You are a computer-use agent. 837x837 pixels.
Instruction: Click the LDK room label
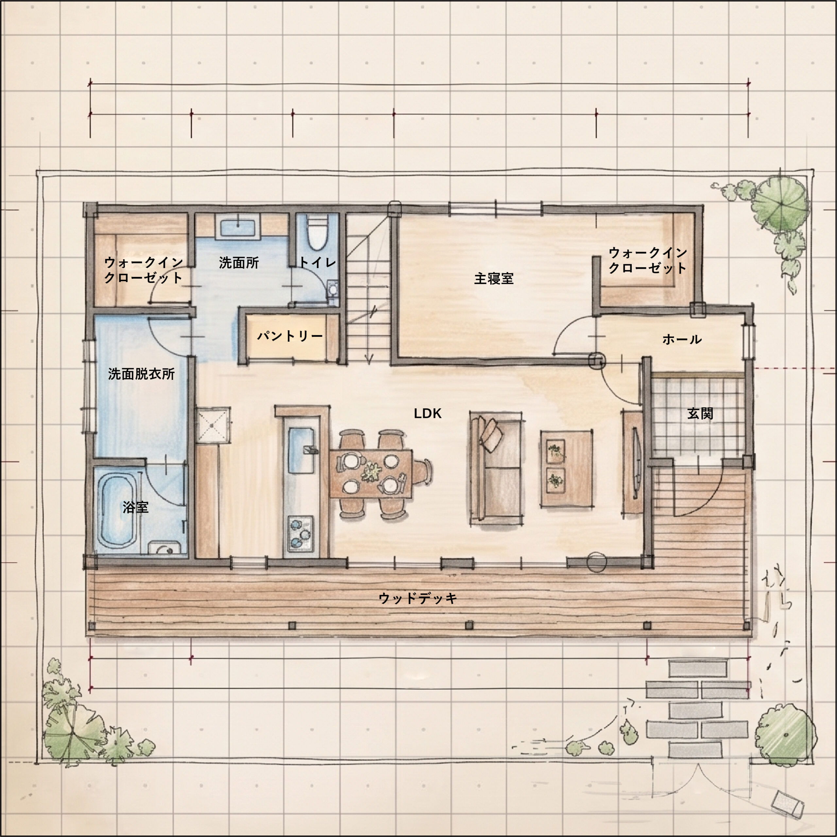click(428, 414)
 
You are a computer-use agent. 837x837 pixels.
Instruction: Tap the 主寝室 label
click(494, 278)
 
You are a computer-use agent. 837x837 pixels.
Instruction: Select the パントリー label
click(290, 336)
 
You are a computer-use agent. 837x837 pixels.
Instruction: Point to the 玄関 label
click(700, 413)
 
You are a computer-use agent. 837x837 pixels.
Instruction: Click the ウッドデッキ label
click(418, 598)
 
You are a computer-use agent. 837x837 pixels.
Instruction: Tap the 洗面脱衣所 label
click(141, 374)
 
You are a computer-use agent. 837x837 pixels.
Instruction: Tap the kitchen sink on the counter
click(301, 451)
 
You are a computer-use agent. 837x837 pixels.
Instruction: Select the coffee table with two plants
click(566, 468)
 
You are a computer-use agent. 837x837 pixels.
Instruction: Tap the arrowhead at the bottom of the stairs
click(369, 359)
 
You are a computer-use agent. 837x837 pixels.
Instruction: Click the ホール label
click(682, 339)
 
